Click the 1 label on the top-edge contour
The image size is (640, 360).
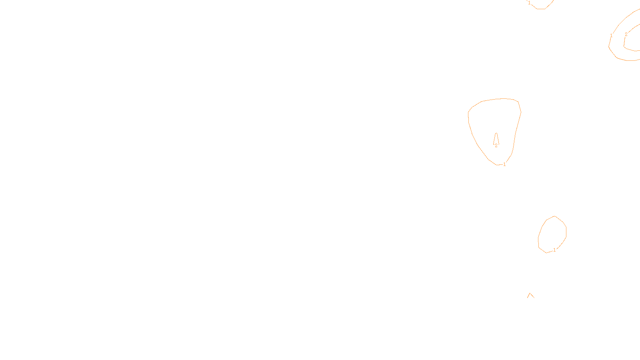click(529, 3)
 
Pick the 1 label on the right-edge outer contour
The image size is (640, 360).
click(611, 36)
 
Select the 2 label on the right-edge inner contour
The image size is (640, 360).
click(626, 34)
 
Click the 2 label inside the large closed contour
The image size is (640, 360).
click(496, 146)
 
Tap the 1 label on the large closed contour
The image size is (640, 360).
click(504, 164)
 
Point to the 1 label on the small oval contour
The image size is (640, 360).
click(554, 250)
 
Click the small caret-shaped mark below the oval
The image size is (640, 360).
click(531, 296)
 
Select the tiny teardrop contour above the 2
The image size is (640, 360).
click(496, 138)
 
